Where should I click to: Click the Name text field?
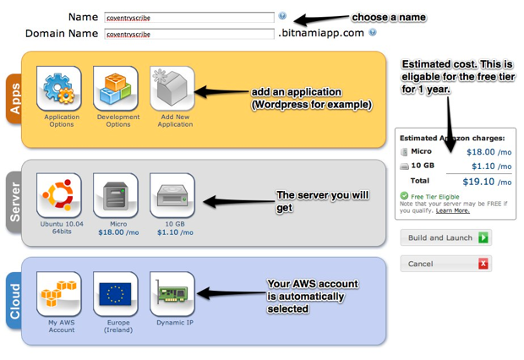point(188,17)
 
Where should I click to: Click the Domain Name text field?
point(188,34)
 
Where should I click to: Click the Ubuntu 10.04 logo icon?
point(60,195)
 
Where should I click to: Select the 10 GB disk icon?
point(172,195)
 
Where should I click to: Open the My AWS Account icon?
point(60,293)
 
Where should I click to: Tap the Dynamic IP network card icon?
point(172,293)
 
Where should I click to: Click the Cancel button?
point(445,264)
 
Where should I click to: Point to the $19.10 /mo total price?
point(485,181)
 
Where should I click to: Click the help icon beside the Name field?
point(282,16)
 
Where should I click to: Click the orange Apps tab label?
point(14,98)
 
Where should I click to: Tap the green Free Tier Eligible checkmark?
point(405,195)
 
